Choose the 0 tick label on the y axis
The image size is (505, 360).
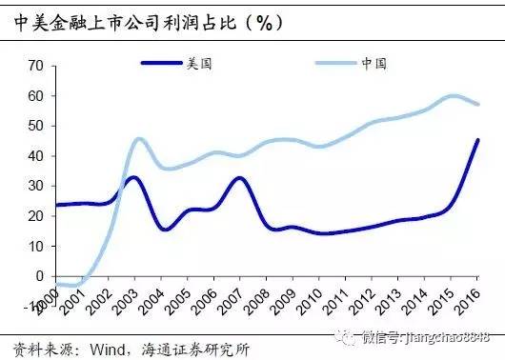39,276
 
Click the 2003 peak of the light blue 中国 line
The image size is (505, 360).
139,139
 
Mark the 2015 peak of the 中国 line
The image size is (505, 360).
453,95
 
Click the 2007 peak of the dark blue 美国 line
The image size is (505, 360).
240,178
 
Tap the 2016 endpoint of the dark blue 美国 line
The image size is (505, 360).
477,140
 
